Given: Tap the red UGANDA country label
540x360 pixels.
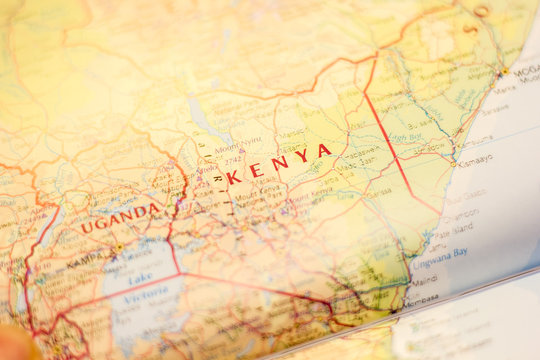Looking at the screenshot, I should pyautogui.click(x=120, y=217).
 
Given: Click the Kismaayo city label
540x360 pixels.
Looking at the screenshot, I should pyautogui.click(x=476, y=158).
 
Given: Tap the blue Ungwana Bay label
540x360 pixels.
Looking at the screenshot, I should pyautogui.click(x=441, y=253).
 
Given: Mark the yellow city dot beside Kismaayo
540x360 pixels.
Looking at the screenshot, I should pyautogui.click(x=454, y=163).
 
